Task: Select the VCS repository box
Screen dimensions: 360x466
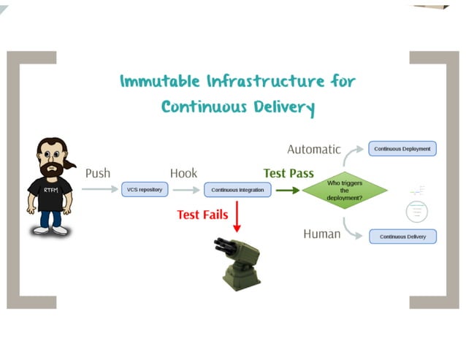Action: coord(145,189)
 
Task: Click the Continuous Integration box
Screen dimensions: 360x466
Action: coord(238,190)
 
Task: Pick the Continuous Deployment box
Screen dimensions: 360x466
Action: coord(402,148)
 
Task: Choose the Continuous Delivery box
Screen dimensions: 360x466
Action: coord(402,236)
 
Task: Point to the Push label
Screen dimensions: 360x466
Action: coord(99,173)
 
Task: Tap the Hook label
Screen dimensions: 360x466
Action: coord(183,173)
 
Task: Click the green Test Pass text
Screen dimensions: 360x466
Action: coord(289,173)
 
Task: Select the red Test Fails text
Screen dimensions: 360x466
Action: coord(202,215)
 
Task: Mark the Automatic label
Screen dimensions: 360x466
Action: coord(313,149)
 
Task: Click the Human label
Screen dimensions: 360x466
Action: coord(321,234)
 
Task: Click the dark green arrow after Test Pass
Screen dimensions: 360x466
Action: coord(288,190)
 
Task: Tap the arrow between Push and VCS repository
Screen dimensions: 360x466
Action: coord(99,190)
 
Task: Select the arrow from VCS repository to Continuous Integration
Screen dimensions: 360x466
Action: coord(186,190)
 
